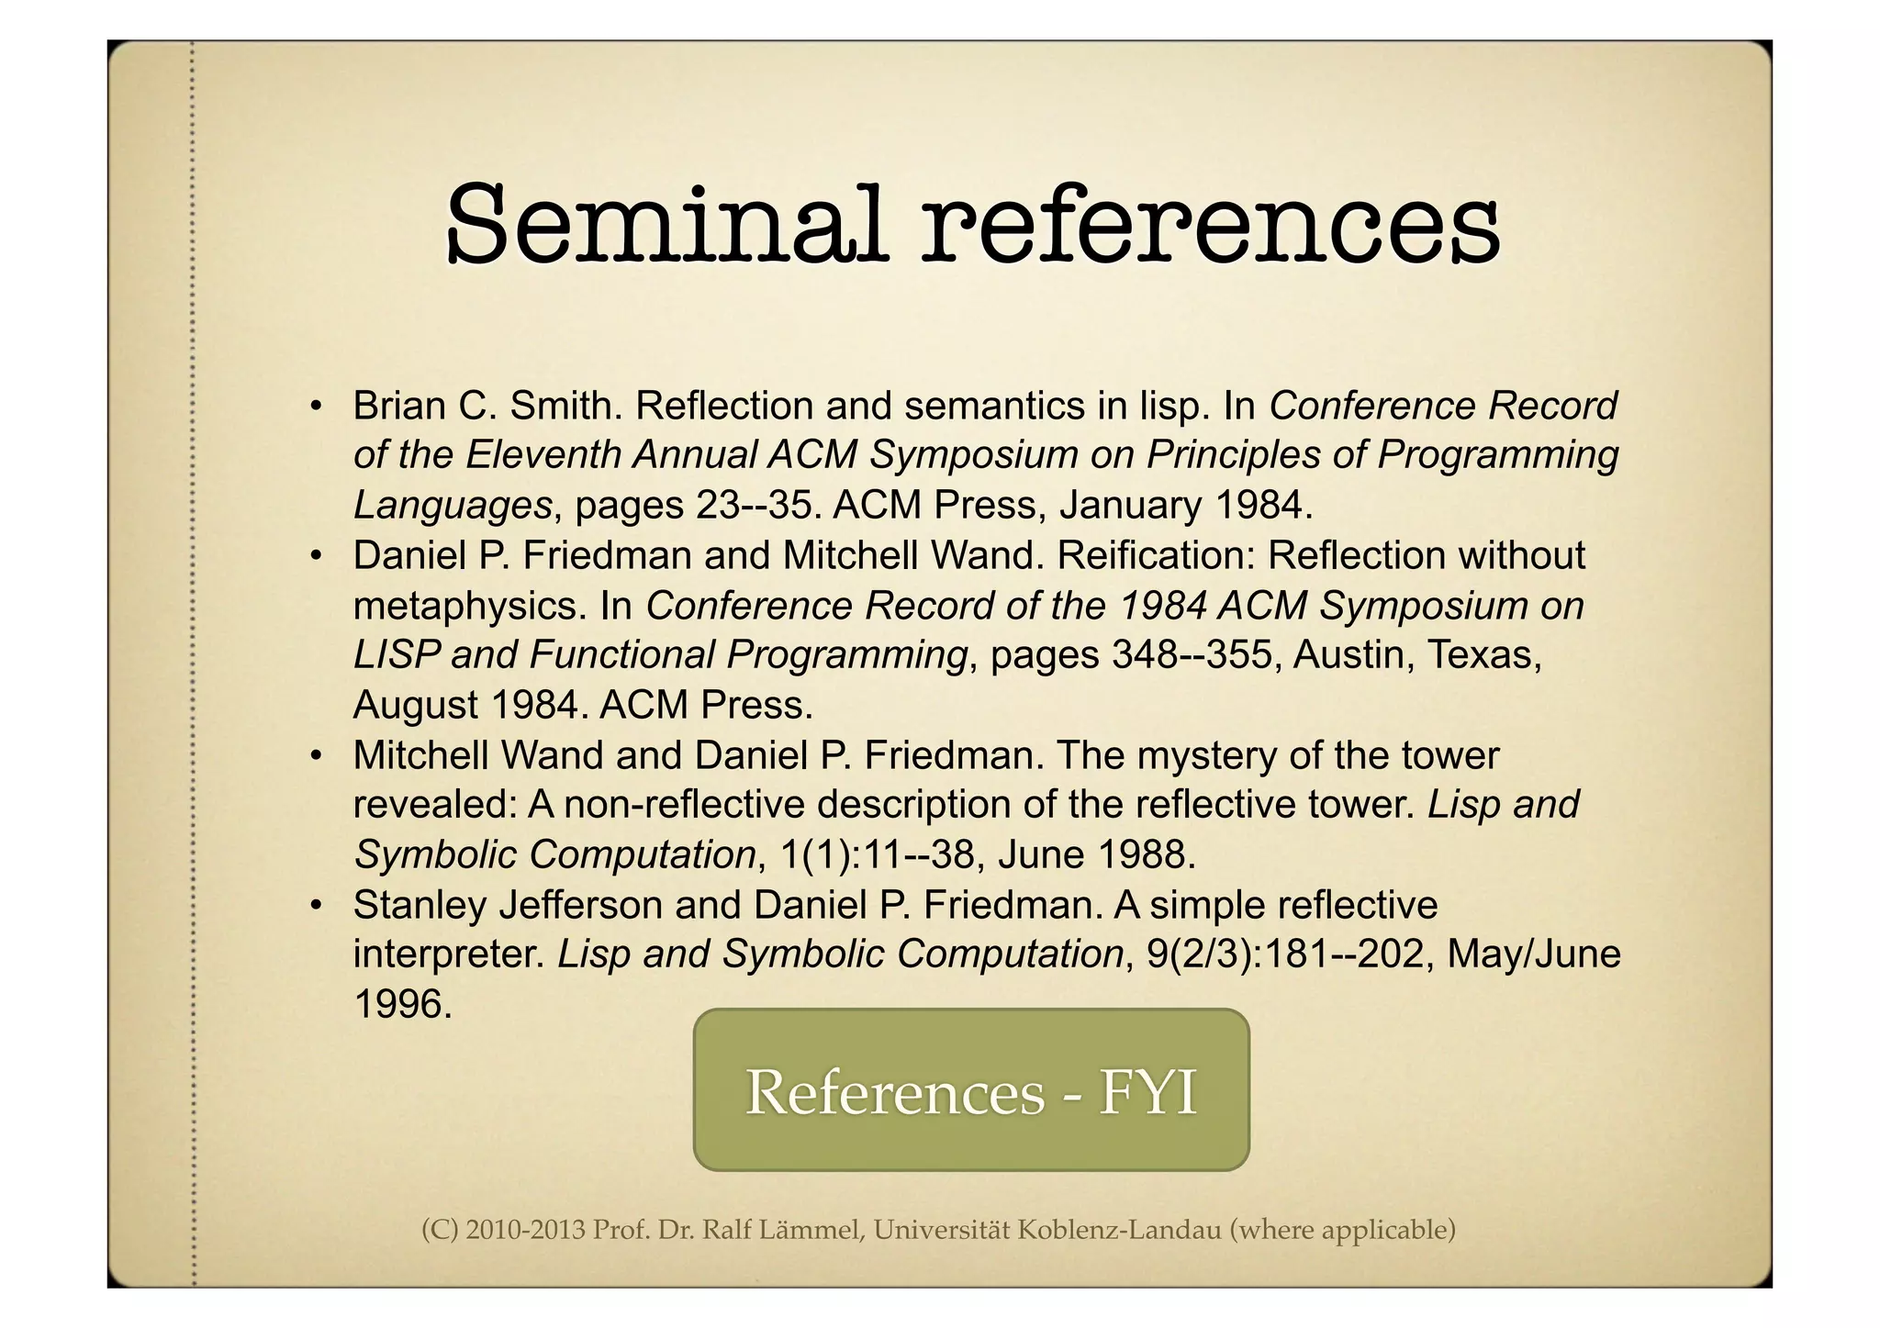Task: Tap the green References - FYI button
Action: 971,1089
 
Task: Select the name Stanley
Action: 420,905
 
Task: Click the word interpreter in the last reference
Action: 450,954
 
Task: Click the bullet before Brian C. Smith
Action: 315,406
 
